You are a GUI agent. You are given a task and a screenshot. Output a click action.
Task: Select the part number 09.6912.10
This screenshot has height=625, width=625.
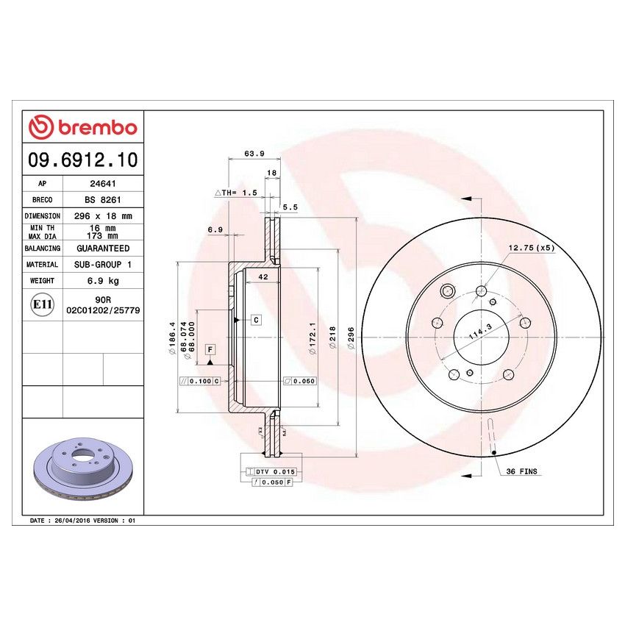[83, 159]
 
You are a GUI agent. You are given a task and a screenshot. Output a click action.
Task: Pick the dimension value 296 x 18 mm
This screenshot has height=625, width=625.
[103, 216]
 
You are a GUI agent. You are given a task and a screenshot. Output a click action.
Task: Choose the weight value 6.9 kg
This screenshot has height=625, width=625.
[103, 280]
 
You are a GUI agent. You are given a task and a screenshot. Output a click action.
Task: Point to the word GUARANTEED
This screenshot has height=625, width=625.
[103, 249]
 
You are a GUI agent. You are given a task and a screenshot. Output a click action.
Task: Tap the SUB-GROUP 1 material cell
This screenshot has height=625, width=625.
[103, 265]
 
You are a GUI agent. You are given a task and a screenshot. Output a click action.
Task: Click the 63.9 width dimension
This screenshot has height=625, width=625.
[254, 154]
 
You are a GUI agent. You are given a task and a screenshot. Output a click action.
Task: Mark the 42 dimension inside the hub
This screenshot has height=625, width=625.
[262, 277]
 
